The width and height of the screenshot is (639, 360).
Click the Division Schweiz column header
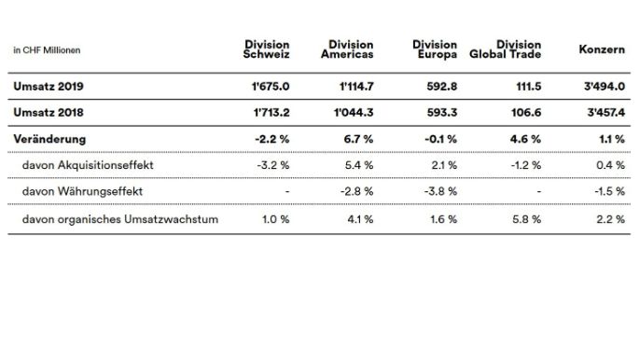[266, 49]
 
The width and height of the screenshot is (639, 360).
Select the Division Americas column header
[351, 49]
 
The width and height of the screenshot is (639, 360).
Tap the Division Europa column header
[434, 49]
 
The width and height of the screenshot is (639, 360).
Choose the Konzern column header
[601, 49]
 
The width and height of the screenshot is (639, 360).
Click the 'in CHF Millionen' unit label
[46, 50]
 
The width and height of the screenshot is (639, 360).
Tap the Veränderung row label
[50, 139]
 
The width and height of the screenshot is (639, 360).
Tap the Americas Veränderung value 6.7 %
[358, 139]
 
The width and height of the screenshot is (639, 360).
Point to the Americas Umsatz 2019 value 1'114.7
[354, 87]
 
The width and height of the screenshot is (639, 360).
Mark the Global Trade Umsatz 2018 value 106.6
[522, 113]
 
